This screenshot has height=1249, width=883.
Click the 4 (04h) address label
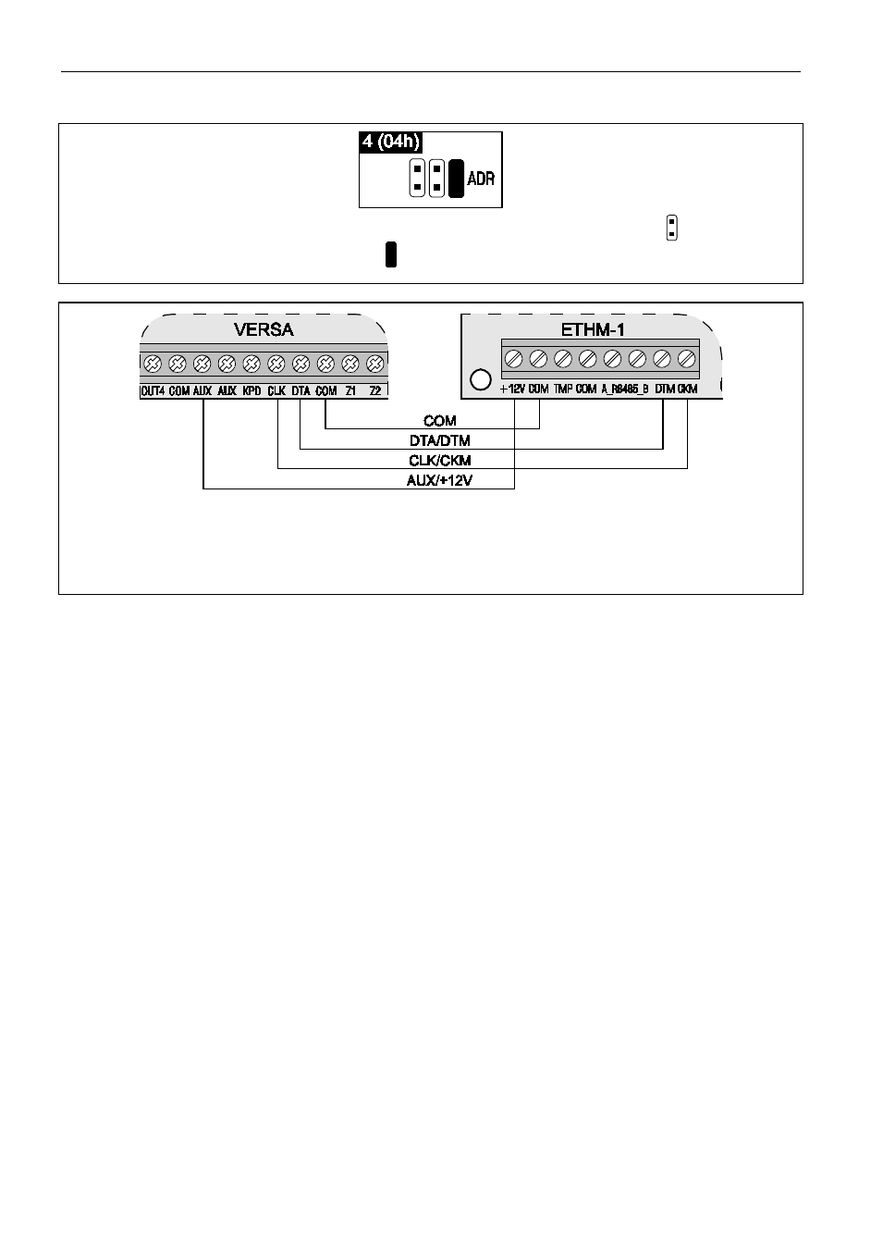tap(391, 142)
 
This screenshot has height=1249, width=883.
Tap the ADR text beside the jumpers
tap(481, 179)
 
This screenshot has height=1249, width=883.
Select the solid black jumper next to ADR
tap(456, 179)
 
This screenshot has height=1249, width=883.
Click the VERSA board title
tap(264, 328)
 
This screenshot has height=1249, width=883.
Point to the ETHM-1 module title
tap(593, 328)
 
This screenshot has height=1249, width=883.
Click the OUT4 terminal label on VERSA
tap(153, 391)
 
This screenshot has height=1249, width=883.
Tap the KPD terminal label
tap(251, 391)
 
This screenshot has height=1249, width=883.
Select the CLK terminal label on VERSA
tap(276, 391)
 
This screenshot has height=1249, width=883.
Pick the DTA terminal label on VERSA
tap(300, 391)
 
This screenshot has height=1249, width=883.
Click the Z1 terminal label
tap(350, 391)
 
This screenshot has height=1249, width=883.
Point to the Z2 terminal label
tap(374, 391)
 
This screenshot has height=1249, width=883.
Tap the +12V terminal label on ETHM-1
tap(513, 390)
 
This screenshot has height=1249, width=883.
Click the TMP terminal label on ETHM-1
tap(563, 390)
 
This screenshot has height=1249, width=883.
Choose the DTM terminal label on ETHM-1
tap(665, 390)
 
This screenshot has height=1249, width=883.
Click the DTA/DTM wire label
tap(440, 441)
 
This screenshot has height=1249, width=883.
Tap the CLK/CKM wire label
tap(440, 461)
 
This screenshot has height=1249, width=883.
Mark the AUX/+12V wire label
tap(440, 480)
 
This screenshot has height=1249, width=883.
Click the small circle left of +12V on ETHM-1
tap(479, 378)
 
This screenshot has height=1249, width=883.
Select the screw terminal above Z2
tap(374, 364)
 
